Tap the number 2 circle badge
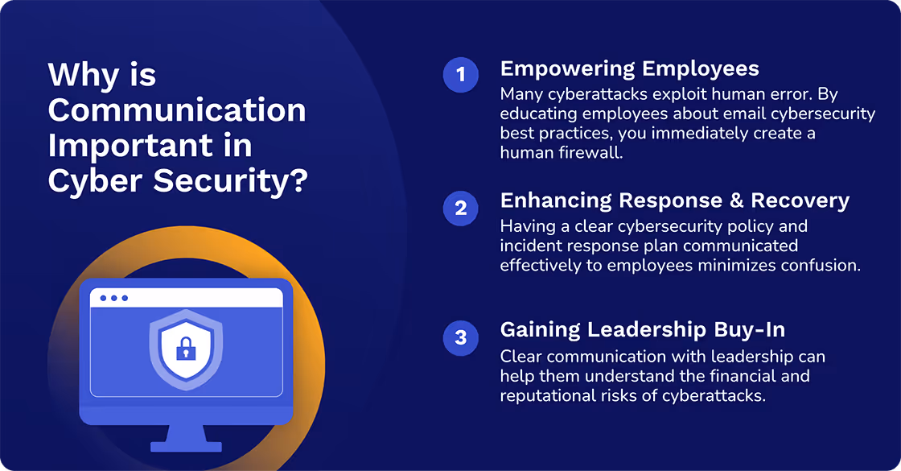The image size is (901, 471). (460, 208)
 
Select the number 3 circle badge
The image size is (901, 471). (460, 338)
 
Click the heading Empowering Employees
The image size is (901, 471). (629, 69)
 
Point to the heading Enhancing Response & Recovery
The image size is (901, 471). (674, 201)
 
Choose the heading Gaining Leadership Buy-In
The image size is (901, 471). (642, 330)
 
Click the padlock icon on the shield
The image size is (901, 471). (186, 349)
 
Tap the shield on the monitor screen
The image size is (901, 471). (186, 349)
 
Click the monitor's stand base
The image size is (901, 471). (186, 444)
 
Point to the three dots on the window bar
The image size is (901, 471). (113, 298)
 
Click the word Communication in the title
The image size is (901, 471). (177, 110)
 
